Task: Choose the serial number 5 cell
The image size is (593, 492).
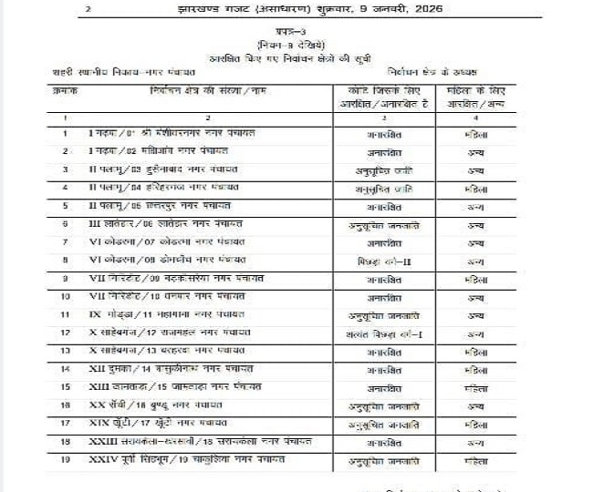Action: click(65, 207)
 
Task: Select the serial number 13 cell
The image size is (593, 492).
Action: click(65, 351)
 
